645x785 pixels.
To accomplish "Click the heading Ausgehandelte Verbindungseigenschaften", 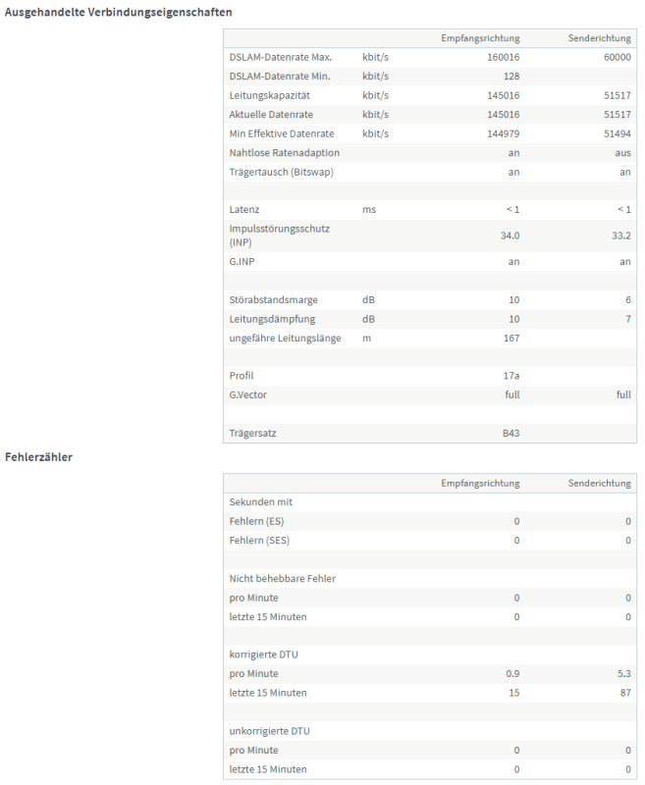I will tap(119, 12).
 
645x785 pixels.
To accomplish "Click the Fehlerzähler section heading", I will tap(38, 456).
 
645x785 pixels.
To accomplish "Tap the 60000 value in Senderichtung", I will tap(616, 57).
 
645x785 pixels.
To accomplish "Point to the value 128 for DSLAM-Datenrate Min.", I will tap(511, 76).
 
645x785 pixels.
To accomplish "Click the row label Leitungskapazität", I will tap(270, 95).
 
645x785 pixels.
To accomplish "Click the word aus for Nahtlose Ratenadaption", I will tap(622, 153).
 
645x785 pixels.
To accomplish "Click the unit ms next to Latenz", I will tap(369, 209).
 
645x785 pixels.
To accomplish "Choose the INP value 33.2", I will tap(620, 235).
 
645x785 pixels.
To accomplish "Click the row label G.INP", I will tap(243, 261).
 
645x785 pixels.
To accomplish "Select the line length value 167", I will tap(511, 339).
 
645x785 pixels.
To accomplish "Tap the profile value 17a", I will tap(511, 375).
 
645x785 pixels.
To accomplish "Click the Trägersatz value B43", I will tap(511, 433).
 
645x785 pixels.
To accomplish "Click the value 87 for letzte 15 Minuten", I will tap(624, 693).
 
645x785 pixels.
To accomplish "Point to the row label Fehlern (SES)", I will tap(259, 540).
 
